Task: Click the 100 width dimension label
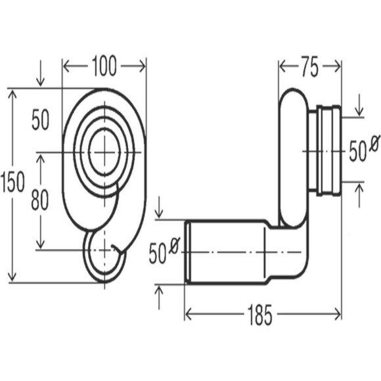(104, 66)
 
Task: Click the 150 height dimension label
(12, 181)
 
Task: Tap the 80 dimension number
(40, 200)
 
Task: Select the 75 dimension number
(309, 66)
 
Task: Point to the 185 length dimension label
(259, 315)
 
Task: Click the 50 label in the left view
(40, 120)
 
